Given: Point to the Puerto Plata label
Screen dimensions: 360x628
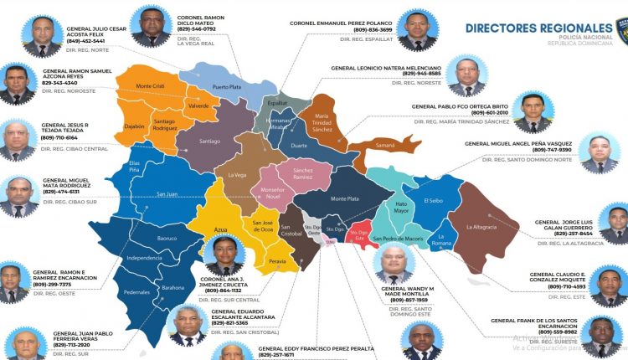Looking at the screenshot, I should pos(226,86).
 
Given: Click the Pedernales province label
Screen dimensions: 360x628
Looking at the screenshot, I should pos(136,292).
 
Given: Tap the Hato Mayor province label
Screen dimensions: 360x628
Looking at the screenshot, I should pos(402,207).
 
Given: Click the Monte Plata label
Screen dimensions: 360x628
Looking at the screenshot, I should pos(344,198).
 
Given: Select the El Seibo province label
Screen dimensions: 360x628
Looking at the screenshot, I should pos(433,201).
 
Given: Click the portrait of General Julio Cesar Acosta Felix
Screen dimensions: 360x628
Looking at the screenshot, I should pos(42,37).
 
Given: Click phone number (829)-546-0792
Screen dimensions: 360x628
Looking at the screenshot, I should pos(197,28).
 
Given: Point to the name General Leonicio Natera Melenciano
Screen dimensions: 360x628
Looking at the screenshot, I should pos(386,67).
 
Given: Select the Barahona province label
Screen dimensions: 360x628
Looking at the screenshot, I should pos(173,287).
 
